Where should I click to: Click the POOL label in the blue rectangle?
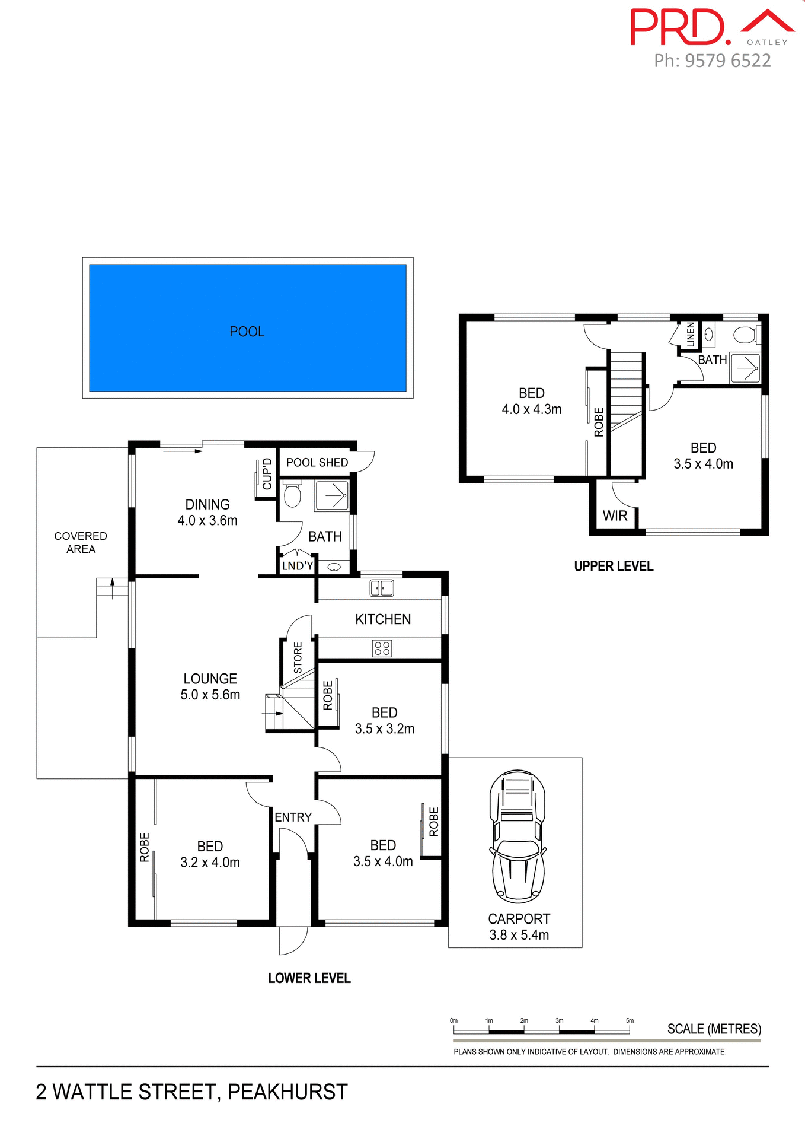(247, 332)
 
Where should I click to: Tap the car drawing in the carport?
(517, 836)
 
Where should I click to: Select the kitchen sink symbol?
(382, 588)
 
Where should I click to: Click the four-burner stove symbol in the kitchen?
(382, 648)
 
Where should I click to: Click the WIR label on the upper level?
(615, 516)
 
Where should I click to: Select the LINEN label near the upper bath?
(691, 335)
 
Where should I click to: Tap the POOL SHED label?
(317, 463)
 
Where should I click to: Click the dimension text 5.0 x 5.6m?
(210, 695)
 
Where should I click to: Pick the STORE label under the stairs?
(298, 657)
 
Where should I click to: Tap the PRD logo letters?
(678, 27)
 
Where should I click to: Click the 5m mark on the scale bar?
(630, 1021)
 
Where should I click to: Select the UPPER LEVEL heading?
(614, 567)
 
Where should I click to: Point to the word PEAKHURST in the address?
(287, 1092)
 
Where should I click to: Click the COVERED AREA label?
(81, 542)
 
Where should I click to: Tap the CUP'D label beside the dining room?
(267, 474)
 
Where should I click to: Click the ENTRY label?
(293, 817)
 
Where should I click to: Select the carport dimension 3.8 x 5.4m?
(519, 935)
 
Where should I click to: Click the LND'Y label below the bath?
(297, 566)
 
